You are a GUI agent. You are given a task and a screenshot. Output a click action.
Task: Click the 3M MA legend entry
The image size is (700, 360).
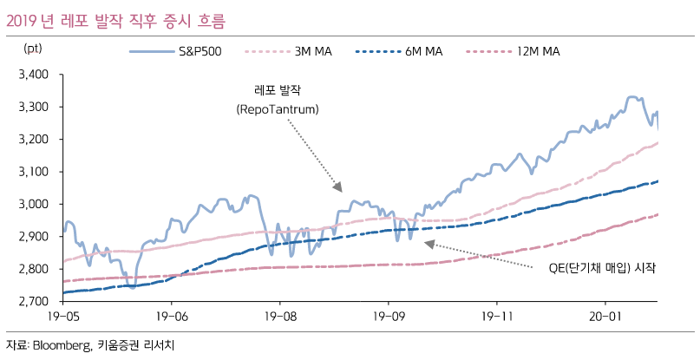point(313,52)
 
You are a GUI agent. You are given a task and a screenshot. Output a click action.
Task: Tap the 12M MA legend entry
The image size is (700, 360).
point(539,52)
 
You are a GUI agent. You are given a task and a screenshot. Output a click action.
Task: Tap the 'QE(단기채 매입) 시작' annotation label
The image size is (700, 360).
point(602,268)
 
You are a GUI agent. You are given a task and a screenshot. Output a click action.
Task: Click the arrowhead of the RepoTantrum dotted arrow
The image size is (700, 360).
point(339,188)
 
